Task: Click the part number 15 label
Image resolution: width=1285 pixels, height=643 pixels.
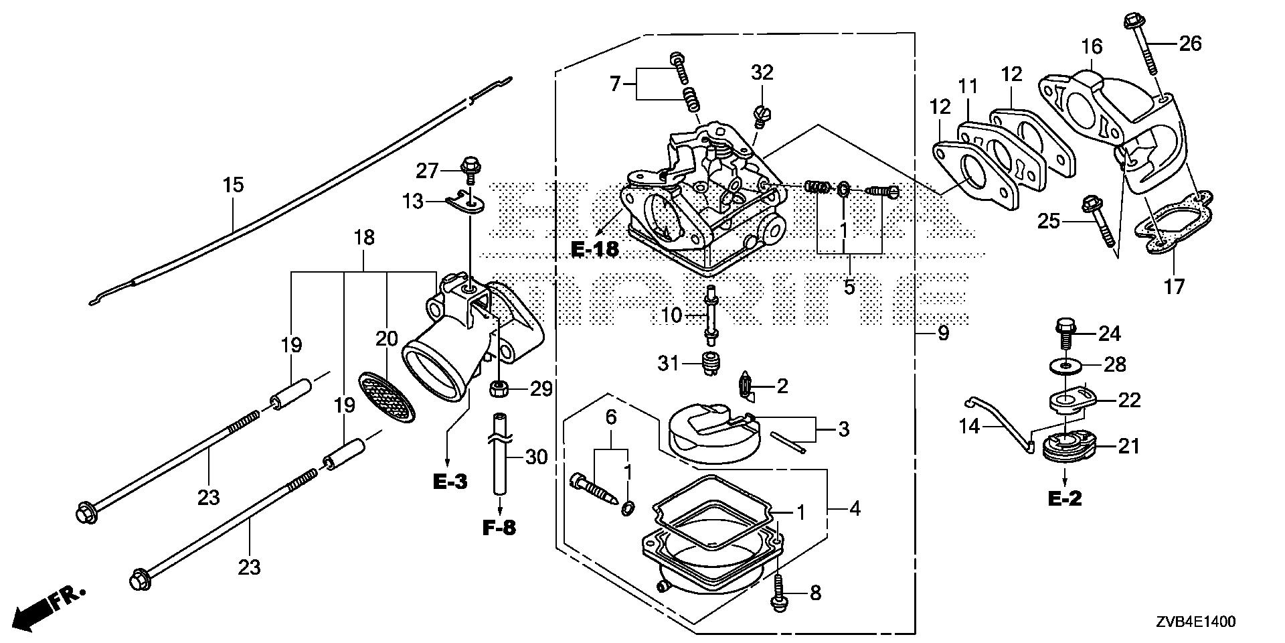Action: [233, 185]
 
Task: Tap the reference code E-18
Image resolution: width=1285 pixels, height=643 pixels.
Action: [596, 250]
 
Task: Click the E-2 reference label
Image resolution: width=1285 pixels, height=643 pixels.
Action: [1065, 498]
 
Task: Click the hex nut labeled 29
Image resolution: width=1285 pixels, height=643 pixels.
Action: [499, 387]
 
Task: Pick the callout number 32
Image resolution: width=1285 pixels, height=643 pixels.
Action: [762, 72]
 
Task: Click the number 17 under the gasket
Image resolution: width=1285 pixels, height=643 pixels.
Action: [1174, 287]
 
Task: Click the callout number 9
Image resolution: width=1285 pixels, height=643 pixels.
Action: [942, 333]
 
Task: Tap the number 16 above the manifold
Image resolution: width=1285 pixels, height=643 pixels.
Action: [1092, 47]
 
